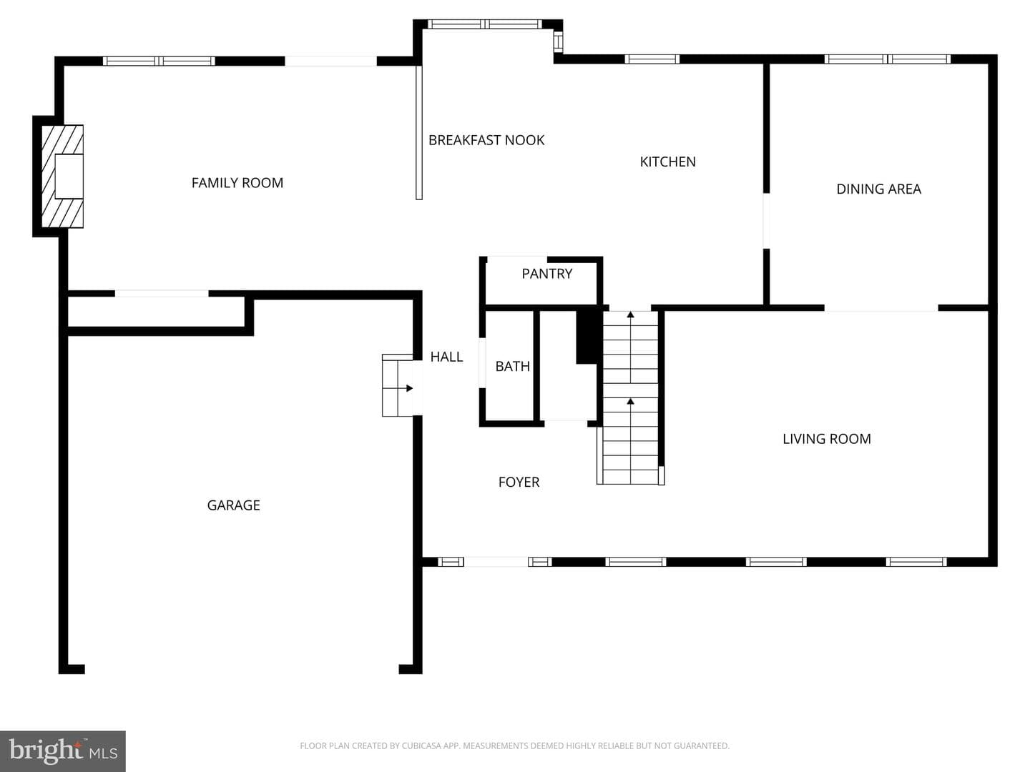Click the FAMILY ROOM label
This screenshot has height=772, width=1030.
[237, 183]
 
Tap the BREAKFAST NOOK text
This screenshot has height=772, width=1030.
[486, 140]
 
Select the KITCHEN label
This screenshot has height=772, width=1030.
[668, 162]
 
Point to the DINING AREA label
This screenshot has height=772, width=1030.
[878, 189]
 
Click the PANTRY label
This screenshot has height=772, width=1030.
[546, 274]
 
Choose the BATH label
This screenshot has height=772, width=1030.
[512, 366]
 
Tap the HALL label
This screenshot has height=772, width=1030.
[446, 357]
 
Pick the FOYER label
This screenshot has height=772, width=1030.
[519, 482]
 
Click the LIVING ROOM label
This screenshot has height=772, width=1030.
[826, 439]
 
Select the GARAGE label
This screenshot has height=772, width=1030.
[233, 505]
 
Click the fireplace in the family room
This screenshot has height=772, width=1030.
[62, 177]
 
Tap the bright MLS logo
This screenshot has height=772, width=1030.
[62, 751]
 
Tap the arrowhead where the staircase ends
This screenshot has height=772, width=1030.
[630, 315]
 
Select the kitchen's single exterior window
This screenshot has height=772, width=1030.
[652, 59]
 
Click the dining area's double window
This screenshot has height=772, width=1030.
[888, 59]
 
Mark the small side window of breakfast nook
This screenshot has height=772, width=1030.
[558, 42]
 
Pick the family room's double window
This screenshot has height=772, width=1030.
[159, 61]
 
